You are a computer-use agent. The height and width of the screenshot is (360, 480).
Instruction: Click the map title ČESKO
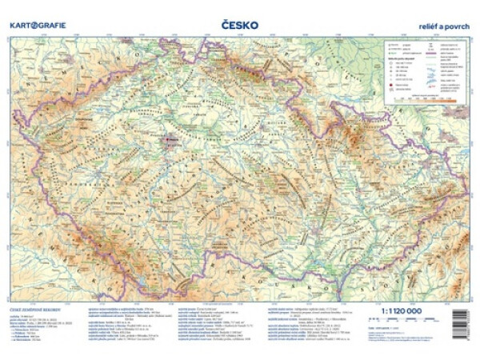click(x=240, y=25)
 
